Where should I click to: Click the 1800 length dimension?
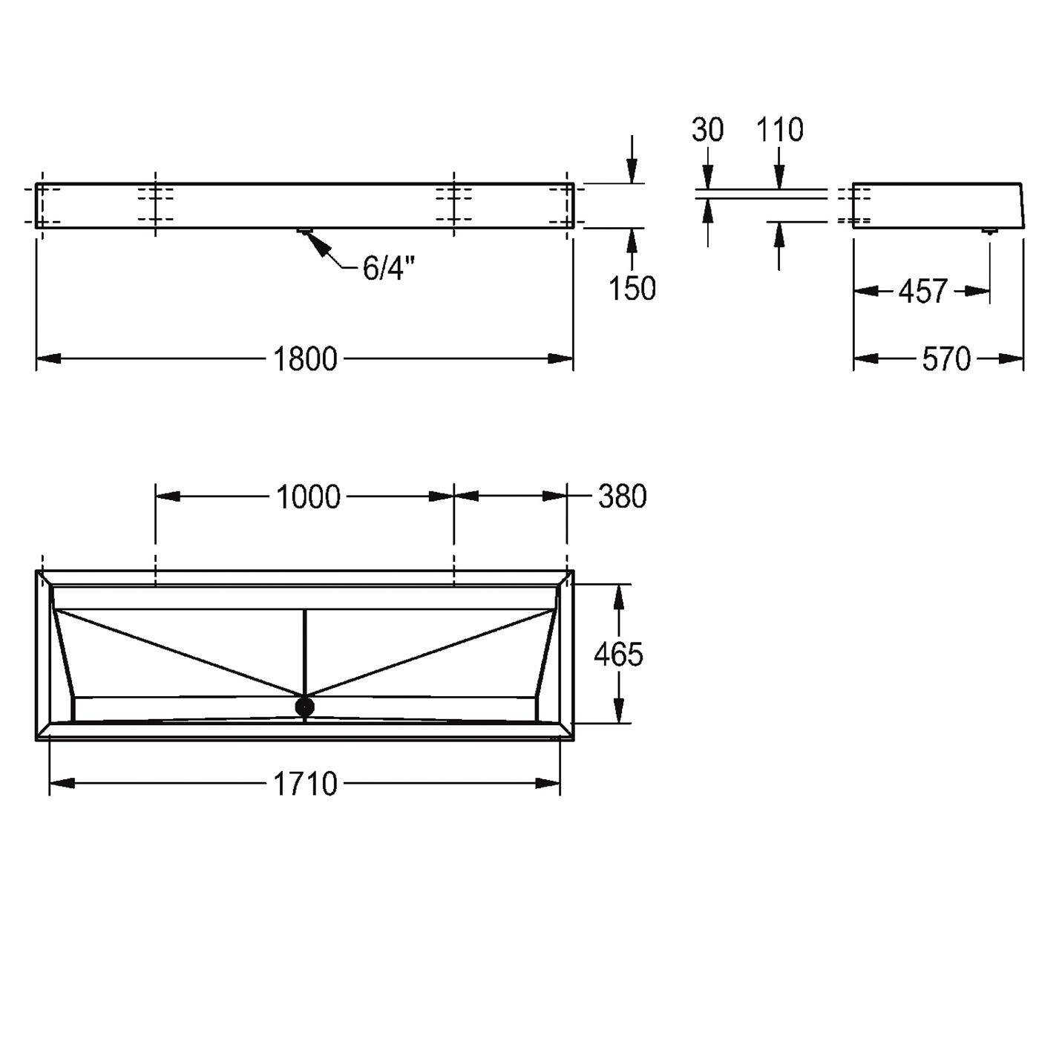pos(305,358)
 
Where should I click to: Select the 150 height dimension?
pos(632,288)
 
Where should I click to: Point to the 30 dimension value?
pos(708,130)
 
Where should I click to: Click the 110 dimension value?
pos(780,130)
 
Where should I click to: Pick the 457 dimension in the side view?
pos(922,291)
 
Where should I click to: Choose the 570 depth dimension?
pos(946,358)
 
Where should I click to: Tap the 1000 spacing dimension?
pos(309,496)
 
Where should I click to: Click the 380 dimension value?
pos(622,496)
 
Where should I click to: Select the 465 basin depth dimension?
pos(618,654)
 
